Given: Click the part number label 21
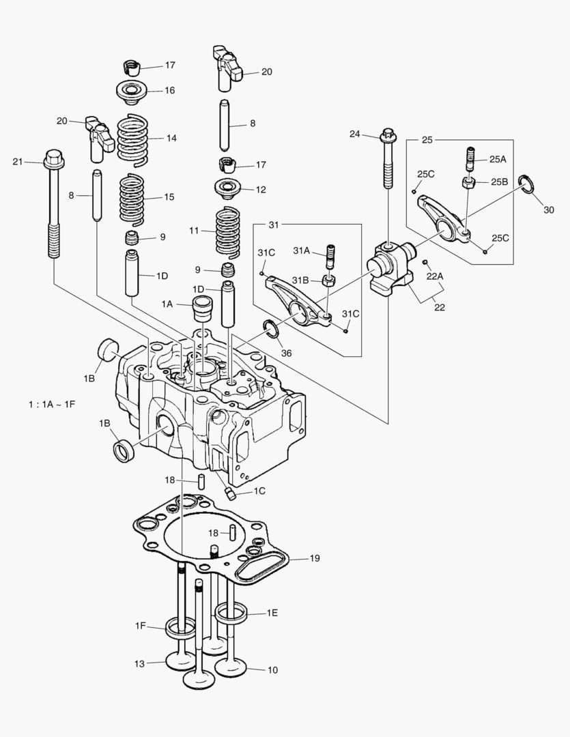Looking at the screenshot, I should point(18,162).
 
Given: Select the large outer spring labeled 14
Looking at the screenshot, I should point(132,139).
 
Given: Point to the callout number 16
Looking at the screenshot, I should point(169,90).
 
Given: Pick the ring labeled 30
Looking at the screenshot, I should point(526,184).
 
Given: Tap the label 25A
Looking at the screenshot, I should point(498,158).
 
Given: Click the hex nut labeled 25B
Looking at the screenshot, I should point(469,182).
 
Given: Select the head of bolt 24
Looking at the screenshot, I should point(388,134).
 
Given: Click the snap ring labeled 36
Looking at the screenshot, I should point(272,329).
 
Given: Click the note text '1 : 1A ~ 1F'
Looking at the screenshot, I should point(51,405).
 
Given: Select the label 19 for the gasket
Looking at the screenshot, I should point(314,558).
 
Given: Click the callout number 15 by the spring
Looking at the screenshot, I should point(169,197).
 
